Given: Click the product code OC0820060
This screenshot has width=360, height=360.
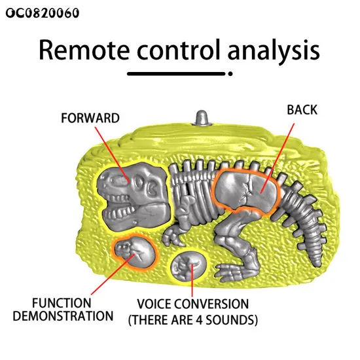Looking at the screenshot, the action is click(x=43, y=13).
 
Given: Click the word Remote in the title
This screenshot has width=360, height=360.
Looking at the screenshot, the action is click(x=84, y=50).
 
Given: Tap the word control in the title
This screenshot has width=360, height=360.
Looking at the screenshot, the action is click(x=179, y=50).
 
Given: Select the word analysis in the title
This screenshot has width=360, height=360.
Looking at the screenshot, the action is click(x=274, y=52).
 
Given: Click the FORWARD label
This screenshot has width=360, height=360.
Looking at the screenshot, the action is click(x=90, y=118).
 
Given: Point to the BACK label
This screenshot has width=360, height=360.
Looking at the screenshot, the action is click(x=302, y=110).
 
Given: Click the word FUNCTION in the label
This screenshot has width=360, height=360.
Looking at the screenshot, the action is click(x=62, y=303).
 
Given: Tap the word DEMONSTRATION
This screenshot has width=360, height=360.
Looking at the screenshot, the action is click(x=63, y=316).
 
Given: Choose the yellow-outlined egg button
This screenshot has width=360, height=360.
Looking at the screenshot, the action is click(x=189, y=266).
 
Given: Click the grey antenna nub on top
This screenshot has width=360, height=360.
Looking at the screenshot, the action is click(x=202, y=118).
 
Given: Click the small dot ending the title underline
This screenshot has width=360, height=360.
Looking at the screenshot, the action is click(x=230, y=74).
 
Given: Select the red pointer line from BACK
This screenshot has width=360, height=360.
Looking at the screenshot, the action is click(x=278, y=158).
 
